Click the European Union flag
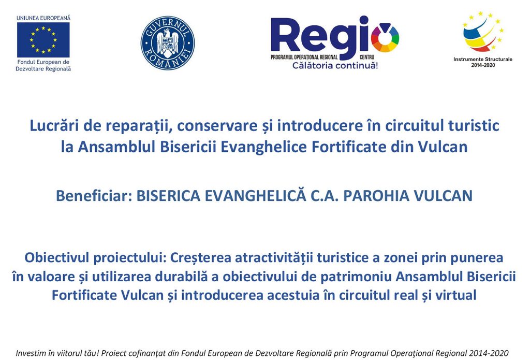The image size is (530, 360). tap(43, 40)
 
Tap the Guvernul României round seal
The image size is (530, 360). tap(168, 43)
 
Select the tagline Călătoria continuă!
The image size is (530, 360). tap(335, 65)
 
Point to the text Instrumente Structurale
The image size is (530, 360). tap(483, 59)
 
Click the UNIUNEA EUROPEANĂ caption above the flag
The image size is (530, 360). tap(43, 18)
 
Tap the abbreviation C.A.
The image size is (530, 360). tap(325, 196)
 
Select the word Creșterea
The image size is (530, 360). tap(200, 257)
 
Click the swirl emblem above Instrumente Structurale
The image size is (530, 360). tap(483, 32)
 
